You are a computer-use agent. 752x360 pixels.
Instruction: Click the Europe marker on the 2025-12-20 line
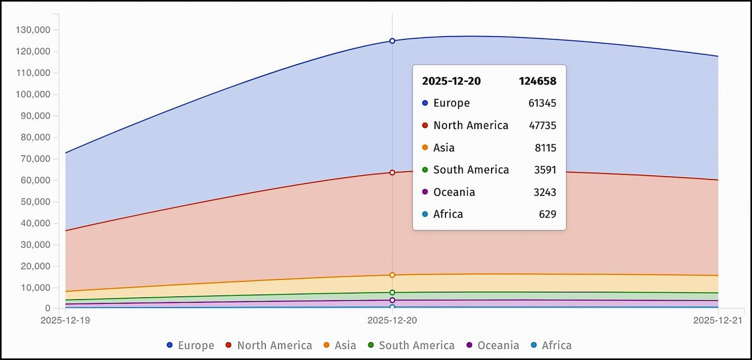(392, 41)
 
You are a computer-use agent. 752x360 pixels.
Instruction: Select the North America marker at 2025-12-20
(392, 172)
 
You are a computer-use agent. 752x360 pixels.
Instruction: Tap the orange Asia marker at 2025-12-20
(392, 275)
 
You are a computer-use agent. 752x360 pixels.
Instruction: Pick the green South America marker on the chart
(392, 292)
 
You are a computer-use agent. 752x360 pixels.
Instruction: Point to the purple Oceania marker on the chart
(392, 300)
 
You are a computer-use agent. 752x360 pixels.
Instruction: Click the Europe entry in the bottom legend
(190, 345)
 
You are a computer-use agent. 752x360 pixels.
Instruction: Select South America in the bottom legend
(411, 345)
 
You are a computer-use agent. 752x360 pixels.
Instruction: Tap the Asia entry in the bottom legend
(340, 345)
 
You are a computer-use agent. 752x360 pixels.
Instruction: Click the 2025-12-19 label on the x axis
(65, 321)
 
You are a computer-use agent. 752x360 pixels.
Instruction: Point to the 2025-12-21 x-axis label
(718, 321)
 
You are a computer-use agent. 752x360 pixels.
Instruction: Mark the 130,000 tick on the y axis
(33, 30)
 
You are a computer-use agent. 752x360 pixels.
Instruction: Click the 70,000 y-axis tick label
(35, 159)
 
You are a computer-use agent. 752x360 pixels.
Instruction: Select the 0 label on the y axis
(47, 309)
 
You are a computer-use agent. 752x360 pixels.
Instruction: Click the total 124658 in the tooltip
(537, 81)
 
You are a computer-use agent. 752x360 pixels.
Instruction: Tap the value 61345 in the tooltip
(542, 103)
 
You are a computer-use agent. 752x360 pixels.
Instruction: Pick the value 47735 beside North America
(542, 125)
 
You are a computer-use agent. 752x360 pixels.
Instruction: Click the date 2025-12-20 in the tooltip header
(451, 81)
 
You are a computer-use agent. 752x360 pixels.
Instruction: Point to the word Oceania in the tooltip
(454, 192)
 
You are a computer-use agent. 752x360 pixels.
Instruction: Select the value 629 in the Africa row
(548, 214)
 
